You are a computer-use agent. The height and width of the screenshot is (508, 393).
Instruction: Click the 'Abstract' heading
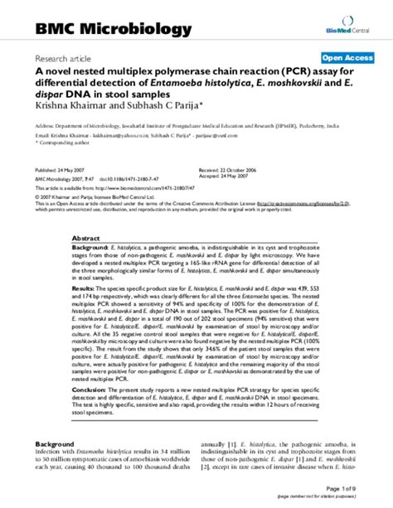[x=86, y=235]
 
